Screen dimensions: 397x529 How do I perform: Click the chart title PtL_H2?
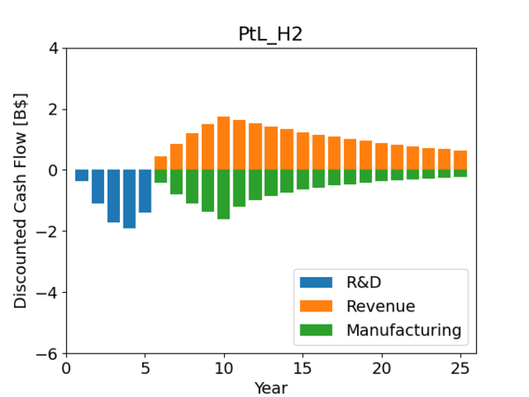[x=271, y=34]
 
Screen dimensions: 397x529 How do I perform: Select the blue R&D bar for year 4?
[x=130, y=198]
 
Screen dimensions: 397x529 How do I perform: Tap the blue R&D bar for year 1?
[x=82, y=176]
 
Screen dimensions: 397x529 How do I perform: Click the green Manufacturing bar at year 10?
[x=224, y=194]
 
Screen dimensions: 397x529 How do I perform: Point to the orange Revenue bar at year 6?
[x=160, y=163]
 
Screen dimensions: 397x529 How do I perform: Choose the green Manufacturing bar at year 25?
[x=460, y=173]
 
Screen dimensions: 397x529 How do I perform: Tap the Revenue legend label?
[x=380, y=306]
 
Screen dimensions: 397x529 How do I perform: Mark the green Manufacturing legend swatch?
[x=317, y=330]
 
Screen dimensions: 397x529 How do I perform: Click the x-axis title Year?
[x=271, y=387]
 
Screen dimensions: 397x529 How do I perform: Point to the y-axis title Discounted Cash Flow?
[x=20, y=200]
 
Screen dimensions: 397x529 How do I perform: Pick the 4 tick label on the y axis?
[x=53, y=48]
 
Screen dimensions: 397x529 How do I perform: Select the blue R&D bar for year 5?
[x=145, y=191]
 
